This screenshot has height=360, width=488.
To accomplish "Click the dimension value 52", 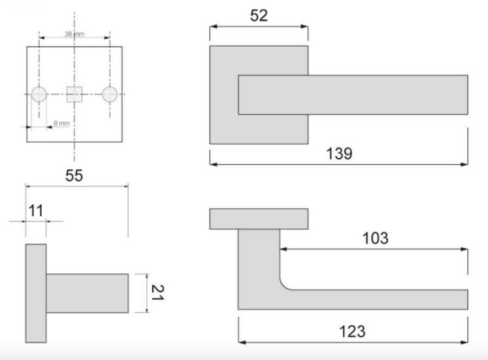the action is (x=259, y=16).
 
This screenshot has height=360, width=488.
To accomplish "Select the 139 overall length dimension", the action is (x=339, y=154).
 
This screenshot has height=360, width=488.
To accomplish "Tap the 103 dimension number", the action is (x=375, y=239).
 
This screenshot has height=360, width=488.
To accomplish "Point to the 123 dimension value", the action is (x=352, y=332).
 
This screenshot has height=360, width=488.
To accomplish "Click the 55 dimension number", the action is (x=74, y=176).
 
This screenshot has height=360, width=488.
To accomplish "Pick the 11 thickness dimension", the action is (x=36, y=211).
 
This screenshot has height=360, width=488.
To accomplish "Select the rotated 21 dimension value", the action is (x=157, y=292).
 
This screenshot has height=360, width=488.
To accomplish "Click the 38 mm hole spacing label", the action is (x=74, y=34).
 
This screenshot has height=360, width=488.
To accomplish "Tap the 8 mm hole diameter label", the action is (x=62, y=124).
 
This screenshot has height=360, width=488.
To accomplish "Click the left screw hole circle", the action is (x=39, y=94).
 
